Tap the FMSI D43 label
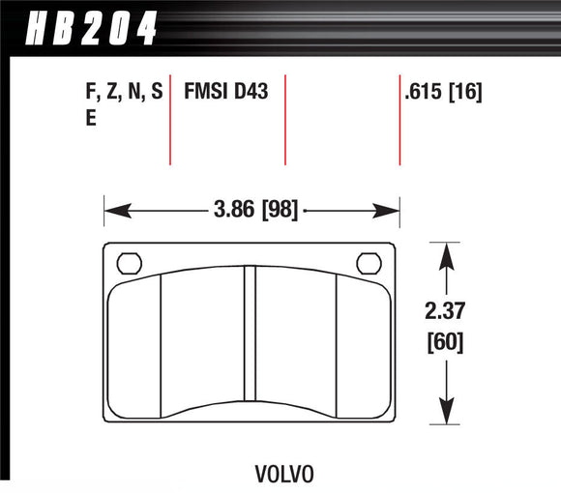tap(226, 93)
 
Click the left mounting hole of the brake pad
tap(127, 262)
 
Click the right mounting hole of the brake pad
tap(369, 262)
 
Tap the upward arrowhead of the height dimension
tap(445, 252)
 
